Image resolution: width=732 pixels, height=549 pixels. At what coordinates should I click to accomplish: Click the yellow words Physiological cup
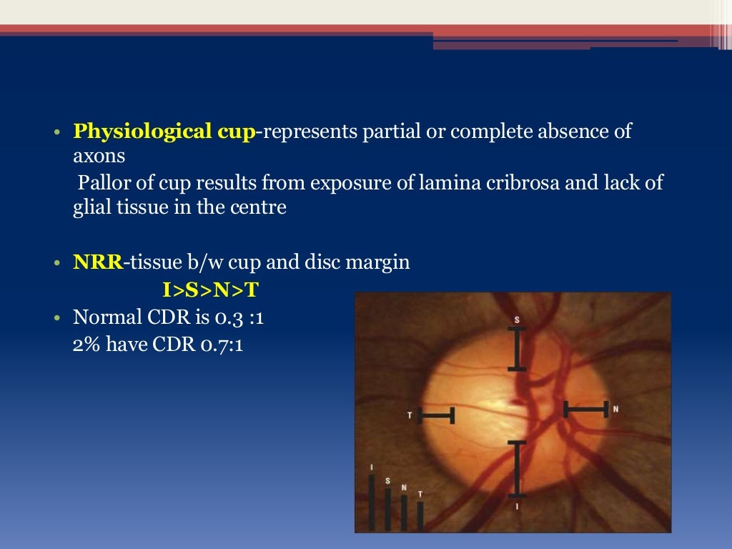[x=164, y=132]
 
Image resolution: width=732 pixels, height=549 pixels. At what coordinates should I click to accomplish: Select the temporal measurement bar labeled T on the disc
[x=436, y=415]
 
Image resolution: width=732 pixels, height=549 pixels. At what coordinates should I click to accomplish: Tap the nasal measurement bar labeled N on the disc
[x=585, y=409]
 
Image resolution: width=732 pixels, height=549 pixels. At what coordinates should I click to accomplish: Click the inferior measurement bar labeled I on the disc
[x=516, y=469]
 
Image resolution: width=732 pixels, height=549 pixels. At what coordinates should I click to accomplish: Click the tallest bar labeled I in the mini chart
[x=371, y=503]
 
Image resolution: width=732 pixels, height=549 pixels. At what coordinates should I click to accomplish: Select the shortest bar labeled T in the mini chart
[x=420, y=515]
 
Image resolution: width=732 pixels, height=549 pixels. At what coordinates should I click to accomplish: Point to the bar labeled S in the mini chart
[x=387, y=509]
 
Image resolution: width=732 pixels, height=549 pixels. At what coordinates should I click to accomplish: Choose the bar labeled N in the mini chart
[x=404, y=513]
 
